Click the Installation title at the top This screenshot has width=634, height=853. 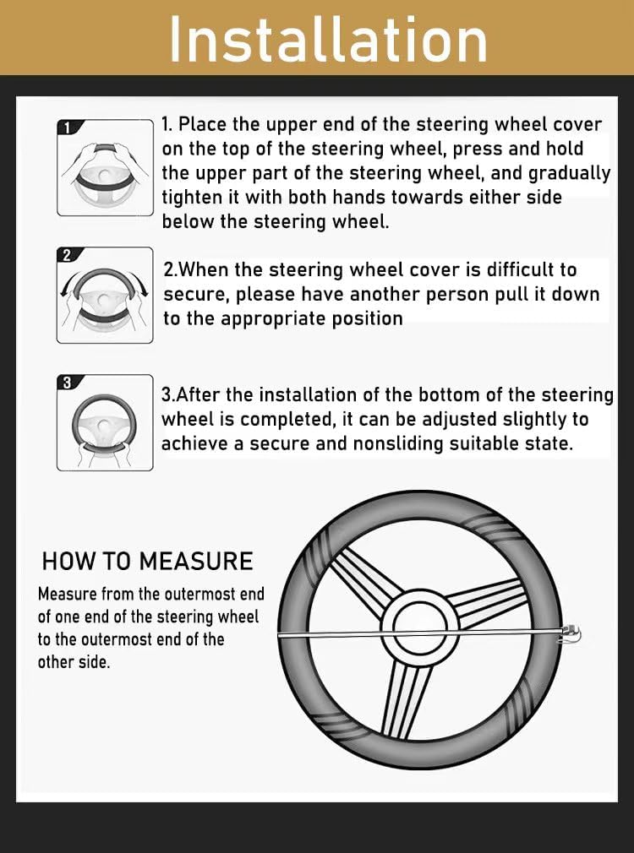tap(328, 37)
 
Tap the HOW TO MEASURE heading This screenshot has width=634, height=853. tap(147, 562)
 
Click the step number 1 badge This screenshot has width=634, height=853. tap(68, 128)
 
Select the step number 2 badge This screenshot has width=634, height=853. tap(68, 254)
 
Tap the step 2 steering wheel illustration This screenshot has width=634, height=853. tap(105, 296)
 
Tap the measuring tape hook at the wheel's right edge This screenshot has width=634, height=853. tap(572, 633)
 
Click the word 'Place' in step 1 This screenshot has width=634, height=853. tap(204, 125)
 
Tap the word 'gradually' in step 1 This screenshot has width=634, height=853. tap(569, 174)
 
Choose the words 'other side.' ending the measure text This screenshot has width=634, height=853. tap(74, 662)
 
